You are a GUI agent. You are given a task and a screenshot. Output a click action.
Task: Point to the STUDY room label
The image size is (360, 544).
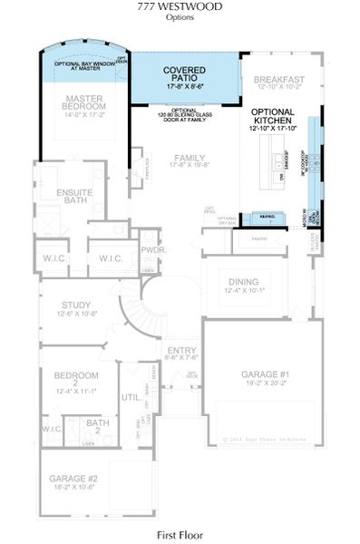click(76, 308)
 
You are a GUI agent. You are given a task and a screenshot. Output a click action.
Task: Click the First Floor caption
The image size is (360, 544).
click(183, 535)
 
